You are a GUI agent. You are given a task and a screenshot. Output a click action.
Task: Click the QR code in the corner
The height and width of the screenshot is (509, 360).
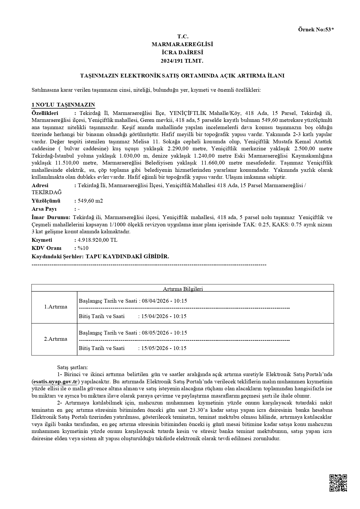(338, 483)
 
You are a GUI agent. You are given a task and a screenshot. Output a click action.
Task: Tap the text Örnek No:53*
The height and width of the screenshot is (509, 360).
(316, 29)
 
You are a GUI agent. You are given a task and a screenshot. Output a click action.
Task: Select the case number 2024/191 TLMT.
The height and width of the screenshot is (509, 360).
(182, 61)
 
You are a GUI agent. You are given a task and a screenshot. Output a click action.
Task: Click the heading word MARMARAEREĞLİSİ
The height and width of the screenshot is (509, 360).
(182, 44)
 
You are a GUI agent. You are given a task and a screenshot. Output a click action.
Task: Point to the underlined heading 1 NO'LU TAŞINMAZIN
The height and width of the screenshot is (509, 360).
(63, 105)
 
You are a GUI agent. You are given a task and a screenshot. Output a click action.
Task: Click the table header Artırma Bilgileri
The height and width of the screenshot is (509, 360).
(183, 289)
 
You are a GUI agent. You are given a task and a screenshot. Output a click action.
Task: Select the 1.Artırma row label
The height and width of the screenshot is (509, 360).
(55, 307)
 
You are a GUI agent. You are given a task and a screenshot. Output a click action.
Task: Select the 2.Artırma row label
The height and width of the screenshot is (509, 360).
(55, 339)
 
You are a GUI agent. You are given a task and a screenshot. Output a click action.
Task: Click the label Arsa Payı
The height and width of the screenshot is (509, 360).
(44, 209)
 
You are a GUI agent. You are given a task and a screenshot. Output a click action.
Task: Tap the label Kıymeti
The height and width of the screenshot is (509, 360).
(42, 240)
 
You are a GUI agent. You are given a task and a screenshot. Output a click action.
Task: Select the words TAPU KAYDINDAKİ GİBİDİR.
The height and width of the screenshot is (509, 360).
(127, 257)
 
